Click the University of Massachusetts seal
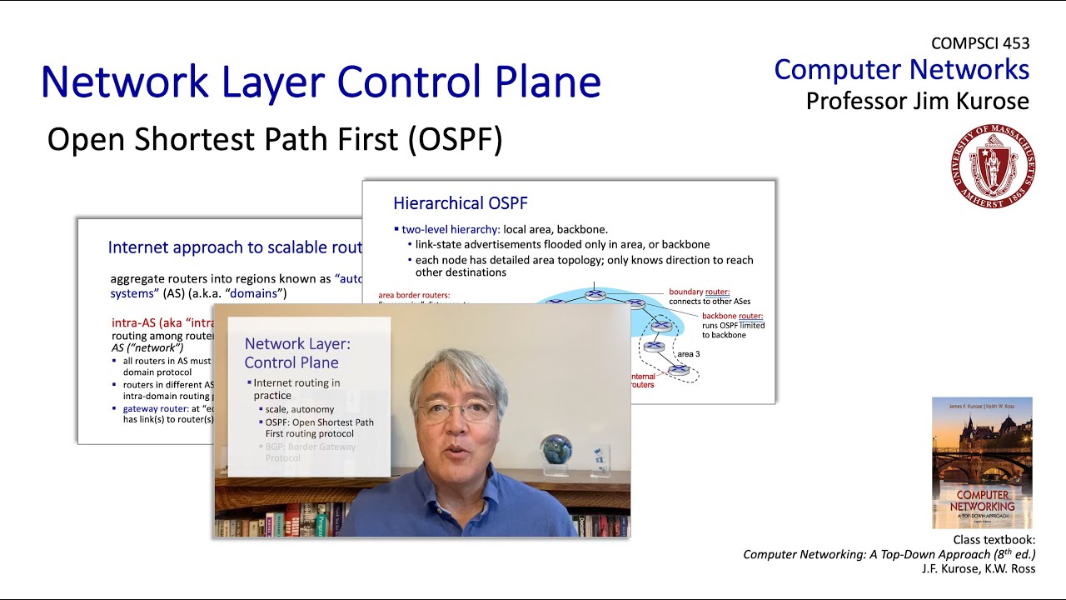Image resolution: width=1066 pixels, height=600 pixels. coord(994,166)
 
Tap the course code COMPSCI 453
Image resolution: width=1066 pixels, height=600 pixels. coord(980,43)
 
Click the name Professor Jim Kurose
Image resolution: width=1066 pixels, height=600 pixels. coord(917,101)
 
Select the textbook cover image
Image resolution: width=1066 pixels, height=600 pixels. coord(982,462)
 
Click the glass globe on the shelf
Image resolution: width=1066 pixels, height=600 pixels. coord(555,450)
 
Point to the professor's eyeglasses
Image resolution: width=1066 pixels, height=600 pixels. coord(456,409)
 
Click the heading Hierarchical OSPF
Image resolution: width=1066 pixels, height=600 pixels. coord(460,203)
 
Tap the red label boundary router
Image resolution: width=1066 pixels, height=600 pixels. coord(699,292)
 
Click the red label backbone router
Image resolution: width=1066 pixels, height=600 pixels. coord(731,316)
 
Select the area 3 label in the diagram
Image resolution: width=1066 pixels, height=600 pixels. coord(688,354)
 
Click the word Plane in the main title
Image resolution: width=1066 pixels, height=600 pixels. coord(543,82)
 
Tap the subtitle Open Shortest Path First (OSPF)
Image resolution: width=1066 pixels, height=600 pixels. coord(275,140)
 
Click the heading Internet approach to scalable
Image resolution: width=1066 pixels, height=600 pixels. coord(235,247)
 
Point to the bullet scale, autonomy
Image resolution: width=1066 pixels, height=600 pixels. coord(300,409)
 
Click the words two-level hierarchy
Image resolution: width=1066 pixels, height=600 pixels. coord(451,229)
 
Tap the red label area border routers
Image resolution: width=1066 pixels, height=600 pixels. coord(413,295)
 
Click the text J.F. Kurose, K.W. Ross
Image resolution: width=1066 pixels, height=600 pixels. coord(978,568)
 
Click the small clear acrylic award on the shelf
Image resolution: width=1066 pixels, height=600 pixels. coord(599,457)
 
